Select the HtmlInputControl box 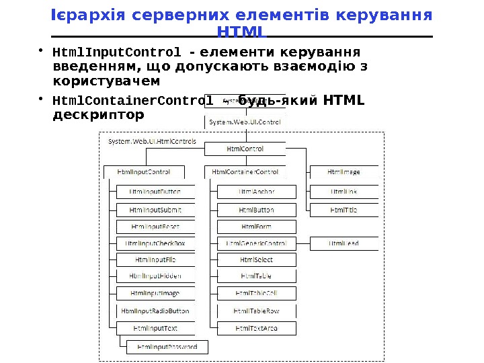click(143, 172)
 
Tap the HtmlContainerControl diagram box click(245, 172)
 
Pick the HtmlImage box click(344, 172)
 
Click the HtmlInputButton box click(155, 192)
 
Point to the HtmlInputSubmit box click(155, 210)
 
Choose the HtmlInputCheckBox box click(155, 243)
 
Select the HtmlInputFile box click(155, 259)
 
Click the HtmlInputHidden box click(155, 276)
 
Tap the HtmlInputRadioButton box click(155, 311)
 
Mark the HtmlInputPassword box click(167, 347)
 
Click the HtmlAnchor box click(256, 192)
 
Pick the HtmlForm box click(256, 227)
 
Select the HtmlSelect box click(256, 259)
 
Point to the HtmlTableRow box click(256, 311)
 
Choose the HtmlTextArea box click(256, 328)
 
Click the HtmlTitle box click(344, 210)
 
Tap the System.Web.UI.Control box click(245, 122)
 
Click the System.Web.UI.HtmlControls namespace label click(153, 142)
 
